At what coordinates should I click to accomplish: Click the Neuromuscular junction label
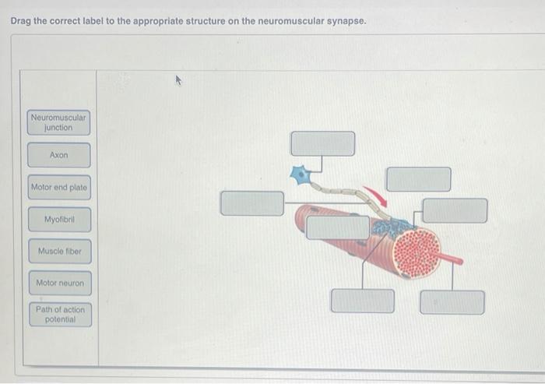(58, 122)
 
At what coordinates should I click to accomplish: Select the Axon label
(58, 155)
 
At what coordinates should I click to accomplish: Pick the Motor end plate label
(59, 187)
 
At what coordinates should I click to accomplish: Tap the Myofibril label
(59, 220)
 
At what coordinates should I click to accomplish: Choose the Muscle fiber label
(60, 251)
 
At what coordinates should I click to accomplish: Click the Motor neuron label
(60, 283)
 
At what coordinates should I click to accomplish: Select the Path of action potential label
(61, 315)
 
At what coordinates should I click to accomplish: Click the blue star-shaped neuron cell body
(300, 174)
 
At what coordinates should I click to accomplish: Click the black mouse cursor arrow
(178, 80)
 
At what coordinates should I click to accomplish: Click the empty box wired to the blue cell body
(323, 143)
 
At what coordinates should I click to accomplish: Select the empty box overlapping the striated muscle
(337, 227)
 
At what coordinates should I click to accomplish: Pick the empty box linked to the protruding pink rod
(452, 302)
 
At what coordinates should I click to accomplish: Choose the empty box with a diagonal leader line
(363, 301)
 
